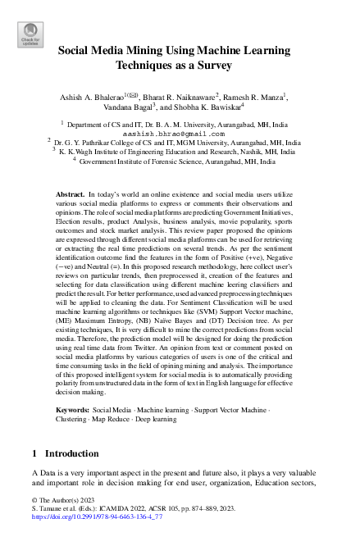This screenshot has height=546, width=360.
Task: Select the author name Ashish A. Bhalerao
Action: [x=91, y=98]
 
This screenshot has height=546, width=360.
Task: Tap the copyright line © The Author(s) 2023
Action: [x=63, y=500]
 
